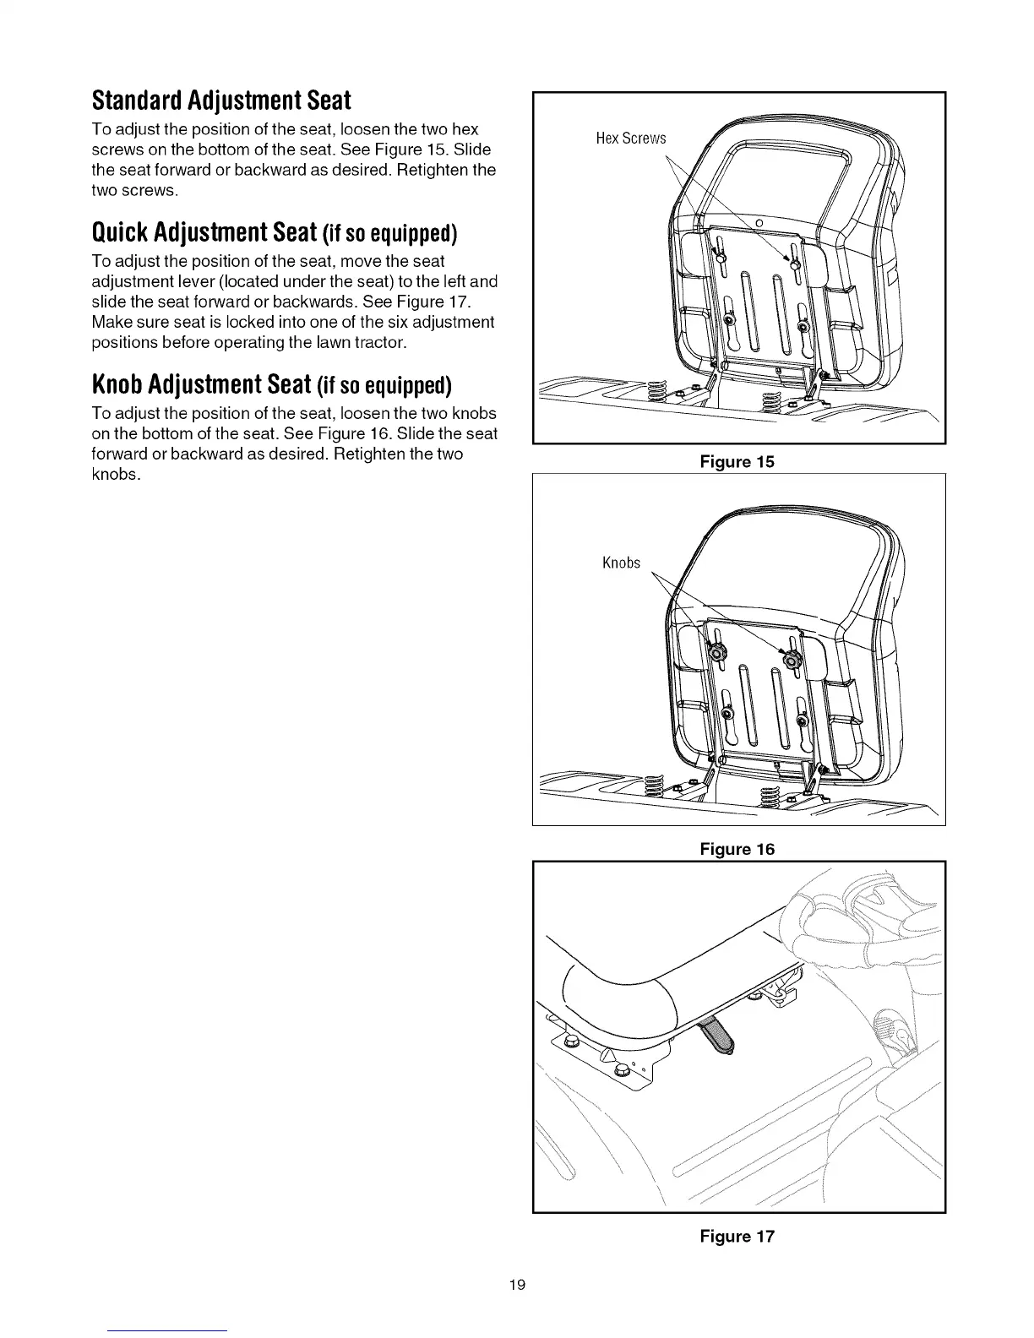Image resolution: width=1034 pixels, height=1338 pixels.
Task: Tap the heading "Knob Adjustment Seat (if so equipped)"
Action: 271,385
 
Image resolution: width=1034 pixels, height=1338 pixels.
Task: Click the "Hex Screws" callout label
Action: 630,139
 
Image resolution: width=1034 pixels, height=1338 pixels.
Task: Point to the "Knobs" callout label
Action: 621,563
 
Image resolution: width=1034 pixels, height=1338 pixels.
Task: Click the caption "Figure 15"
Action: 737,461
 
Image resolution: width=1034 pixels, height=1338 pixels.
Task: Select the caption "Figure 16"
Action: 737,848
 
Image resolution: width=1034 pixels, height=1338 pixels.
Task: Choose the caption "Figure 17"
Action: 737,1236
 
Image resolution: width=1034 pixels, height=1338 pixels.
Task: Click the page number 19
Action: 517,1285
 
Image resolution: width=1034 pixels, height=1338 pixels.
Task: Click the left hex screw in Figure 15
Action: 720,253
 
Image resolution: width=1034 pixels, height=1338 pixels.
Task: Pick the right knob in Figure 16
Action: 792,660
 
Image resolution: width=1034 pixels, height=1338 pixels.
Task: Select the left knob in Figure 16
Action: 718,651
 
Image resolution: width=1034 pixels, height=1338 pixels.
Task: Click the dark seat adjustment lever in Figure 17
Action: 719,1036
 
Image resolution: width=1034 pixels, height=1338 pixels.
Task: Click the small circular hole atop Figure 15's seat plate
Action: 758,221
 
